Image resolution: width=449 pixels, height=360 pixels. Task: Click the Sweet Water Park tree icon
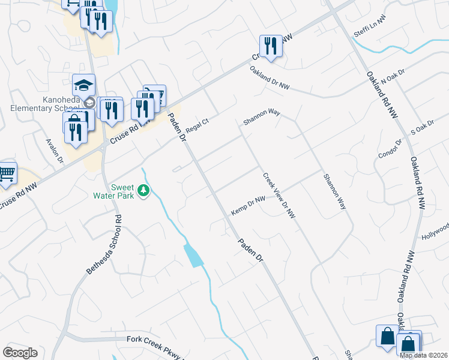click(143, 191)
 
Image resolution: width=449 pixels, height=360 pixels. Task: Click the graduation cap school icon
click(84, 84)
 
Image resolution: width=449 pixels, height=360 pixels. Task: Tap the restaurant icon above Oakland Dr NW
click(271, 46)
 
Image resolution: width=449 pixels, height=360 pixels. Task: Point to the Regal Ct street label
click(196, 125)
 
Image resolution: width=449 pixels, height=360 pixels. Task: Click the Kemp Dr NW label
click(248, 206)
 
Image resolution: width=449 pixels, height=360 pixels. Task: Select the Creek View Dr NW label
click(279, 196)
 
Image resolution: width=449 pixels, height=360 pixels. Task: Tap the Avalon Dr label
click(55, 151)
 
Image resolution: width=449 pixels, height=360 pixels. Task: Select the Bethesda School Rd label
click(103, 245)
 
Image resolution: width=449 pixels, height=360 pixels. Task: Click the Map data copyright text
click(423, 355)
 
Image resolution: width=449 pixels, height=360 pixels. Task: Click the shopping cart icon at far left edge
click(6, 173)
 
